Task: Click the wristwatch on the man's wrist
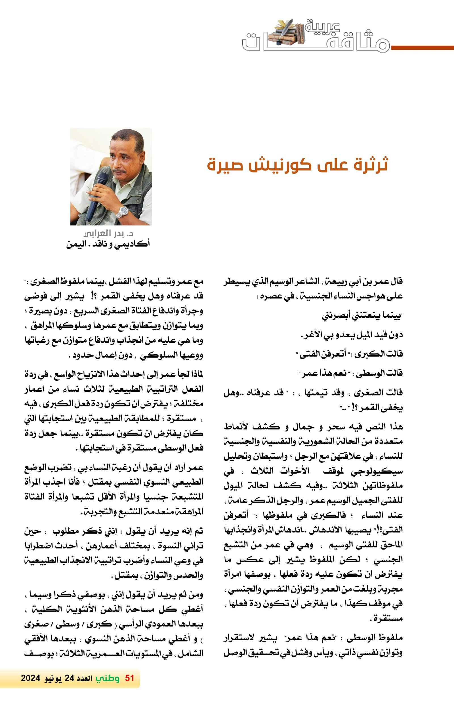(x=123, y=212)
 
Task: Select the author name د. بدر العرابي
(x=108, y=233)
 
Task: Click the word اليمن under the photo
(x=76, y=244)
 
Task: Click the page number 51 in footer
(x=129, y=678)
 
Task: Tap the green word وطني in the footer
(x=107, y=678)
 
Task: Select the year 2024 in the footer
(x=30, y=678)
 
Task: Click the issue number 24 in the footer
(x=69, y=678)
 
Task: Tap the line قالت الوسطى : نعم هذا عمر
(x=351, y=373)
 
